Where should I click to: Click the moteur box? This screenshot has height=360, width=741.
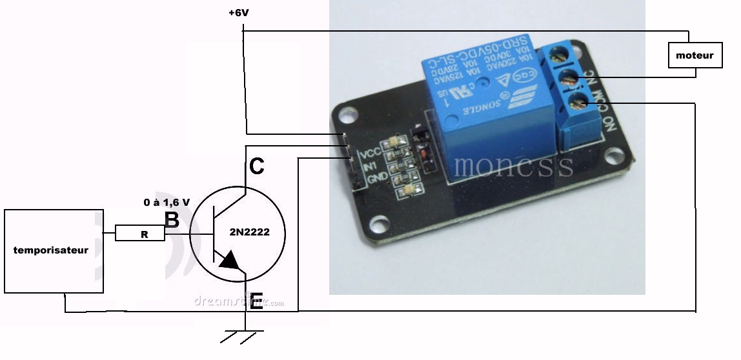click(x=695, y=55)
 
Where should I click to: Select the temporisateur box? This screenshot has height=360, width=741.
click(x=51, y=250)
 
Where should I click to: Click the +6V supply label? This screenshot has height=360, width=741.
click(x=239, y=12)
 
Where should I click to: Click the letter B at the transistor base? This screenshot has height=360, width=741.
click(x=172, y=220)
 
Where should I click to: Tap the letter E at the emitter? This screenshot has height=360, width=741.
click(x=256, y=301)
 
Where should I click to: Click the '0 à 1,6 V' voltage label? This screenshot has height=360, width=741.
click(x=167, y=202)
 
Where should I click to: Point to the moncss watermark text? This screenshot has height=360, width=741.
click(x=513, y=166)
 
